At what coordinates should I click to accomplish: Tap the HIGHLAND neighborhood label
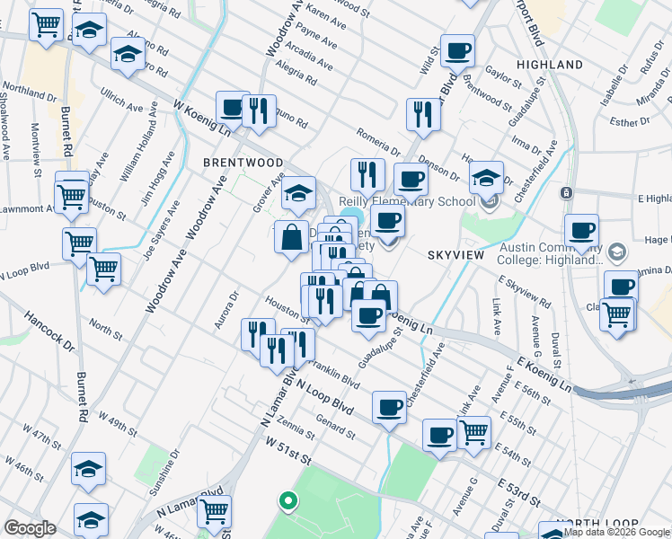[550, 65]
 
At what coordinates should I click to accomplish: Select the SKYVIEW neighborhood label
[455, 256]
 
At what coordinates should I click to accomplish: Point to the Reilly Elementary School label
[407, 201]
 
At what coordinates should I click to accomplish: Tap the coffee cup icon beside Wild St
[457, 52]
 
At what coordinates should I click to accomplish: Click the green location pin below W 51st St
[287, 500]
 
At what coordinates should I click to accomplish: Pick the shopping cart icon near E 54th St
[473, 431]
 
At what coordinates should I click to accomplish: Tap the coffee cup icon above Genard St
[389, 407]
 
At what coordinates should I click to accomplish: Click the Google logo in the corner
[30, 528]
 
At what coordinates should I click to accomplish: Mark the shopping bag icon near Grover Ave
[291, 239]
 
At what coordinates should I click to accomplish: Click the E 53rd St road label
[518, 492]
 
